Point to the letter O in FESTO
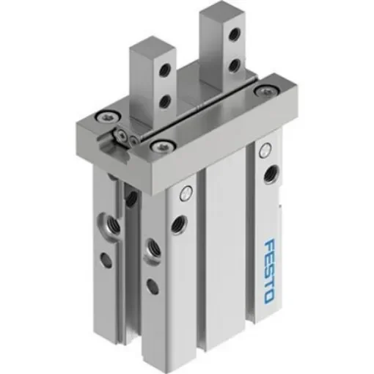pos(268,297)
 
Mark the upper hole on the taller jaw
pos(235,34)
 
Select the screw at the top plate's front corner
pos(155,147)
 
